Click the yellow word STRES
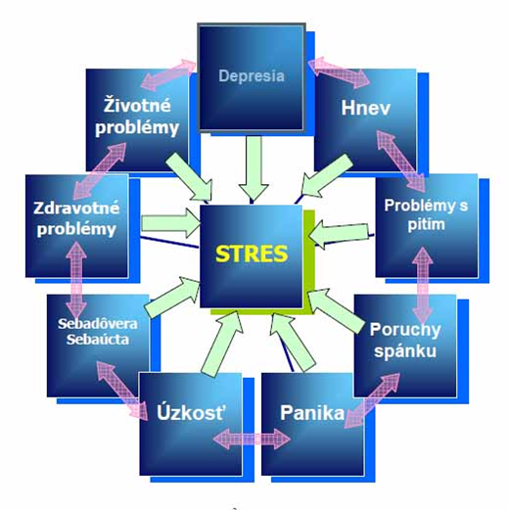[x=252, y=254]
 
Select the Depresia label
[x=252, y=76]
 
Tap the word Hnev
[x=365, y=108]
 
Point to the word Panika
[x=312, y=412]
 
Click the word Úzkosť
[x=191, y=412]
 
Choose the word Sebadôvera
[x=98, y=324]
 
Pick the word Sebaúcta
[x=98, y=340]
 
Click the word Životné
[x=137, y=105]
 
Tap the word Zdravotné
[x=76, y=209]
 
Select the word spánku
[x=405, y=351]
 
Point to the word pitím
[x=426, y=224]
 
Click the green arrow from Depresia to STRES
[x=254, y=168]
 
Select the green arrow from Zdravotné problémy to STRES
[x=170, y=223]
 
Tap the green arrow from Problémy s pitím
[x=339, y=233]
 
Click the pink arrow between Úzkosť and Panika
[x=252, y=439]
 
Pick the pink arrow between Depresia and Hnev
[x=340, y=72]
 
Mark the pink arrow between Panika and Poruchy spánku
[x=372, y=400]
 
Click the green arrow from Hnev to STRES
[x=327, y=175]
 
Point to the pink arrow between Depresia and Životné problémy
[x=168, y=74]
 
